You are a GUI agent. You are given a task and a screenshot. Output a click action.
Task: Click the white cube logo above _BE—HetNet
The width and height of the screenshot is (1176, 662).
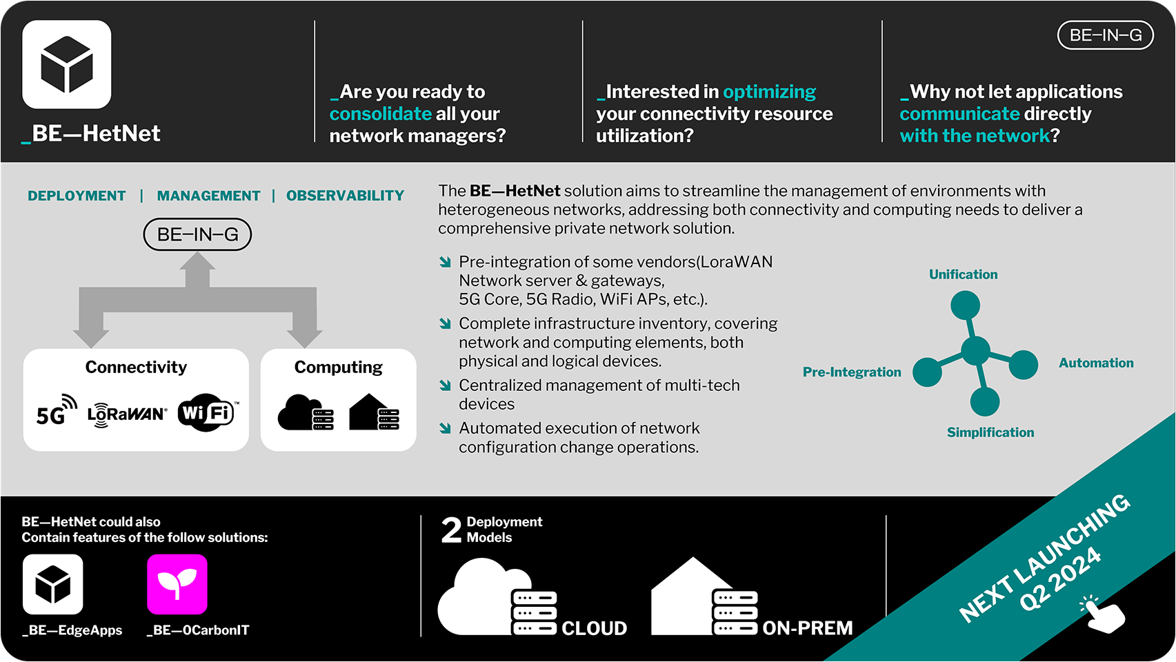coord(67,64)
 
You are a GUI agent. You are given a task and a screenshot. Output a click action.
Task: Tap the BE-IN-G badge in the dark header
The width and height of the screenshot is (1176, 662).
coord(1105,35)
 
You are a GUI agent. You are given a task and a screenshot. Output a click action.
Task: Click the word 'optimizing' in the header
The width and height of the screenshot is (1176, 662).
coord(769,92)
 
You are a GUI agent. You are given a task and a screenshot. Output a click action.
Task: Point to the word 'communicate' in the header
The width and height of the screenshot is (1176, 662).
coord(959,114)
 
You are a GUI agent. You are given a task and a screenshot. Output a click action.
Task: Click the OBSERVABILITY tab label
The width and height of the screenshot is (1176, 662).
coord(345,196)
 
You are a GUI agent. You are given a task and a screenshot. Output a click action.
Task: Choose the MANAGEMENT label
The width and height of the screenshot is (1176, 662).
coord(208,196)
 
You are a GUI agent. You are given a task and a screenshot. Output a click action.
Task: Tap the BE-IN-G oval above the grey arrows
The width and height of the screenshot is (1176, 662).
coord(197,234)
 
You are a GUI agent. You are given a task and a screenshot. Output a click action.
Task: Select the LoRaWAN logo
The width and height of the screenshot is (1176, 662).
coord(127,414)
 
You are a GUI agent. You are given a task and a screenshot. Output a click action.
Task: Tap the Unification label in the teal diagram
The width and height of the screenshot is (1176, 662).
coord(963,274)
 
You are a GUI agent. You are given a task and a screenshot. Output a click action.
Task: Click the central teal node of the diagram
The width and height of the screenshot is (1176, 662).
coord(975,351)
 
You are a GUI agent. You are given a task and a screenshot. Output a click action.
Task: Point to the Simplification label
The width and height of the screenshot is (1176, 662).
coord(990,432)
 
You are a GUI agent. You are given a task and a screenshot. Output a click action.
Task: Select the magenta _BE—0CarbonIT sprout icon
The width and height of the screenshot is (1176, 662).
coord(177,584)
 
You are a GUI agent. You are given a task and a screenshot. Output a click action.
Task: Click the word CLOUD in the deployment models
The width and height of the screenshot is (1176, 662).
coord(594,628)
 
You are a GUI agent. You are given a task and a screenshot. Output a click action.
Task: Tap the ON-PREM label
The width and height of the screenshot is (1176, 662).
coord(807,628)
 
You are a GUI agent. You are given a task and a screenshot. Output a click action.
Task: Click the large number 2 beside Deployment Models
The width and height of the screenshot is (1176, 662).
coord(451,530)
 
